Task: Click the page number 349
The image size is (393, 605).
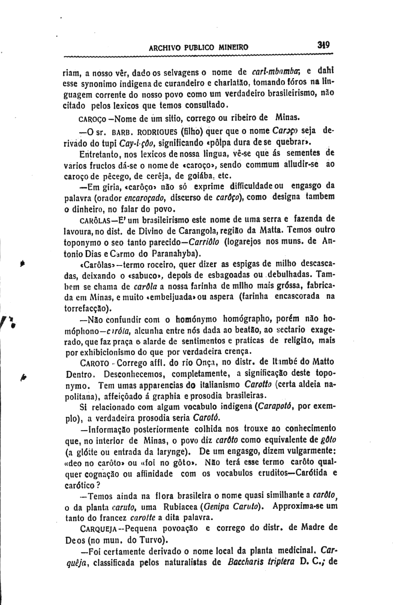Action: (323, 45)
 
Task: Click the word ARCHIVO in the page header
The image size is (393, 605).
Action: (163, 48)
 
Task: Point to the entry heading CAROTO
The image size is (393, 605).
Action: (94, 364)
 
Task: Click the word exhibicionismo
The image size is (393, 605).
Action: (96, 352)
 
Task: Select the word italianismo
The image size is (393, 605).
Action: (219, 385)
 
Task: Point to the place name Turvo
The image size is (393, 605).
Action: (155, 541)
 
